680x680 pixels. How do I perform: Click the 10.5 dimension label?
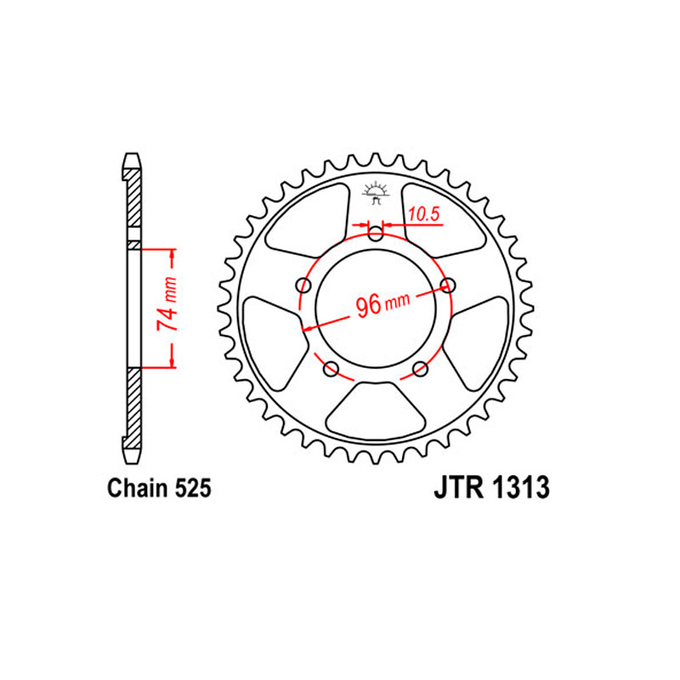(424, 214)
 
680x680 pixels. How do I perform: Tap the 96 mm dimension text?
(382, 304)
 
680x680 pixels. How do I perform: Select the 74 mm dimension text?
(167, 303)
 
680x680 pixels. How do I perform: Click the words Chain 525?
(159, 488)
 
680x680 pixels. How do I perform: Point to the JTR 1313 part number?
(492, 487)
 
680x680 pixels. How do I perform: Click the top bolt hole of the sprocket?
(376, 235)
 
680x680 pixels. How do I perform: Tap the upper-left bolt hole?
(303, 286)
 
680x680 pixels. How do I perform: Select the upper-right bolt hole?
(448, 286)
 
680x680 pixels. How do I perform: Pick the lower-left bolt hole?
(331, 369)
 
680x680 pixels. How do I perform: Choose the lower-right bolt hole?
(420, 370)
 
